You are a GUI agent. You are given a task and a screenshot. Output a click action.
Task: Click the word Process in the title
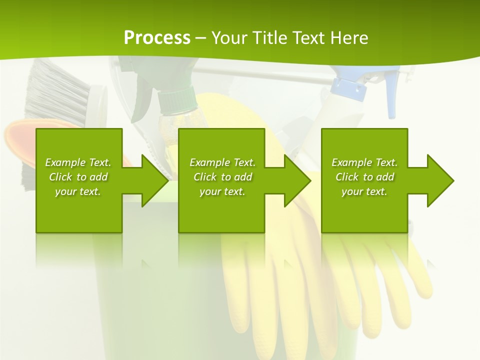click(157, 38)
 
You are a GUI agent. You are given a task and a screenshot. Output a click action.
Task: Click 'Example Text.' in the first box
click(78, 162)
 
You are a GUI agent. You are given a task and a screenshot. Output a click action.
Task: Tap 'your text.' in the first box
click(78, 191)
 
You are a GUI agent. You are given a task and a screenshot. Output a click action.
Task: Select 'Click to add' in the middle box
click(222, 177)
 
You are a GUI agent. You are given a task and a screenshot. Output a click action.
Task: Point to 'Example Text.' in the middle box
click(222, 162)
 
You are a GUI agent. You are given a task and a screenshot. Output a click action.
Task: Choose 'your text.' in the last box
click(364, 191)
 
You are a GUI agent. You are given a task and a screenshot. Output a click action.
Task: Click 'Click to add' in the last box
click(364, 177)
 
